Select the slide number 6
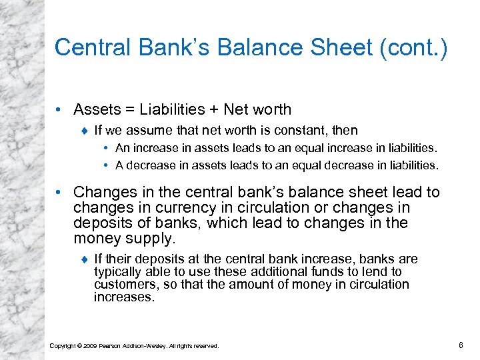(x=461, y=345)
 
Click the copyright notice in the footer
(x=134, y=345)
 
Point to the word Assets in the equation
(x=96, y=109)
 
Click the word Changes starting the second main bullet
(x=103, y=193)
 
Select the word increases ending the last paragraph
(x=124, y=297)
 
